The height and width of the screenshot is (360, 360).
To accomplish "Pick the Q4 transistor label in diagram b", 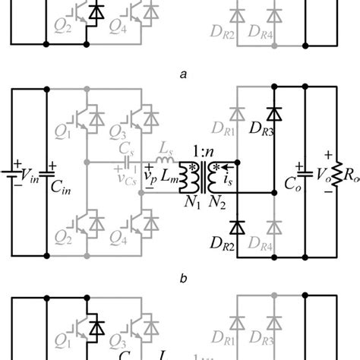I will tap(142, 247).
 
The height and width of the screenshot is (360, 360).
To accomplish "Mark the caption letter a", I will tap(181, 74).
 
